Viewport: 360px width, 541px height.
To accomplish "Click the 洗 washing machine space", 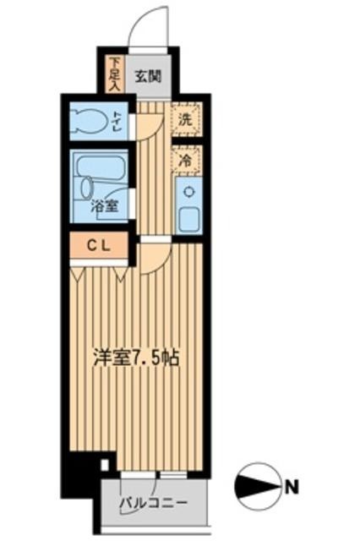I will point(184,119).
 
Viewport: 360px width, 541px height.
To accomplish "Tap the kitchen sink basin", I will point(188,217).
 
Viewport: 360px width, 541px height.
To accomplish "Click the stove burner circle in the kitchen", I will point(187,190).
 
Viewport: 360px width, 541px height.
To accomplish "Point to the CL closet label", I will point(100,247).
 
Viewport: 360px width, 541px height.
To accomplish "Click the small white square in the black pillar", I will point(105,464).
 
